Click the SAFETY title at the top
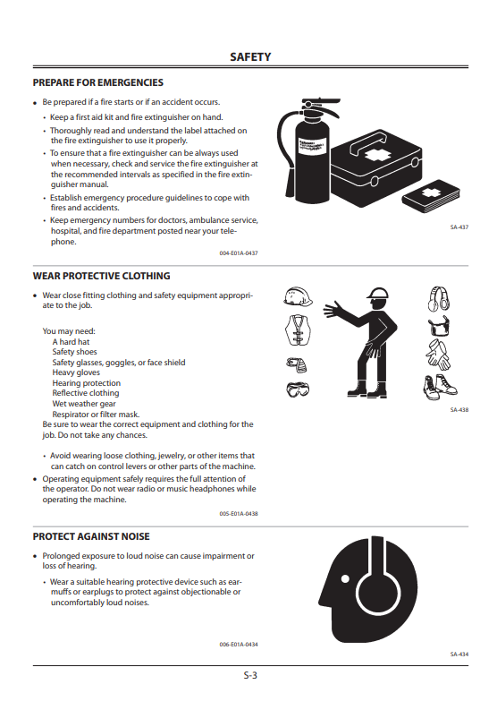(x=250, y=57)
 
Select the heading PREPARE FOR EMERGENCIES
(x=97, y=82)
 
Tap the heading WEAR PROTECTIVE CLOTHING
(x=101, y=276)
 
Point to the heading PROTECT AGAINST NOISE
(x=91, y=536)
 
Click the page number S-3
(x=250, y=675)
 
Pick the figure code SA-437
(x=459, y=227)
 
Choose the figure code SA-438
(x=459, y=410)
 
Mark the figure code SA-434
(x=459, y=654)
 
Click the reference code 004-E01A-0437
(x=239, y=253)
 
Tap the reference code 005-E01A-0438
(x=239, y=514)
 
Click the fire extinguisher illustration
(x=308, y=150)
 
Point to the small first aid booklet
(x=431, y=195)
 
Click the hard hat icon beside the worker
(x=298, y=296)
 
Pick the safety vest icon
(x=298, y=329)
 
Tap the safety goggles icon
(x=298, y=389)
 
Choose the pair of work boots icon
(x=440, y=387)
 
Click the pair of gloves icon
(x=438, y=355)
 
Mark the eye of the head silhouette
(x=345, y=578)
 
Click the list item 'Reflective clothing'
(x=86, y=393)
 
